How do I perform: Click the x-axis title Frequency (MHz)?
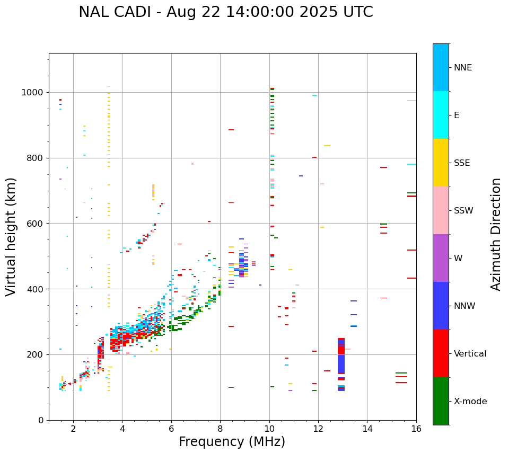(232, 442)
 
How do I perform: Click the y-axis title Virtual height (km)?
(11, 237)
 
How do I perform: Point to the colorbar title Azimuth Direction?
(496, 234)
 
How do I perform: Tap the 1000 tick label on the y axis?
(33, 92)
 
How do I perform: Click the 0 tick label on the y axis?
(41, 420)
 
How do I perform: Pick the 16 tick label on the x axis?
(416, 429)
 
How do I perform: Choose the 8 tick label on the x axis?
(220, 429)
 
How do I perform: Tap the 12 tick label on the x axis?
(318, 429)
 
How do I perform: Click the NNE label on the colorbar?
(462, 68)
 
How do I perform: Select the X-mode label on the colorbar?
(470, 402)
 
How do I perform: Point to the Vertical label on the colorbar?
(470, 354)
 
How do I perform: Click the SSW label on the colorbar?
(463, 211)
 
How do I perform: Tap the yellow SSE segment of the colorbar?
(441, 162)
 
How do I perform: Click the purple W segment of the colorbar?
(441, 258)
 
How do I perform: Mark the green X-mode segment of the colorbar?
(441, 401)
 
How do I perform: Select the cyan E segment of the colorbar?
(441, 115)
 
